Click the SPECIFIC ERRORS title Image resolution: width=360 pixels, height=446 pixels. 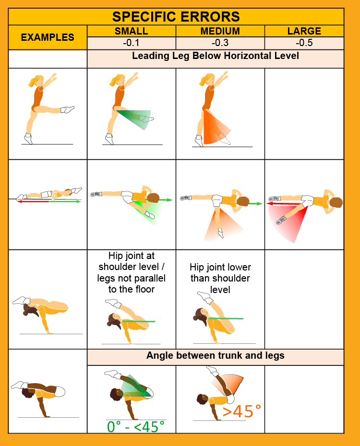point(176,17)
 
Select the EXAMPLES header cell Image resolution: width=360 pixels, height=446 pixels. point(48,37)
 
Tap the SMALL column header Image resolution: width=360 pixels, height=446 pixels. point(131,31)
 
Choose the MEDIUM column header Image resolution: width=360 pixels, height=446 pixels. point(220,31)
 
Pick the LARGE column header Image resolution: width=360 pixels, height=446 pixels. point(304,31)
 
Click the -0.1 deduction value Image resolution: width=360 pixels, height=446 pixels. point(131,43)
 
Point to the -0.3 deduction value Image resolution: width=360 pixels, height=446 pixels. point(220,43)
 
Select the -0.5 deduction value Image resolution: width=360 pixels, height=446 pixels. point(304,43)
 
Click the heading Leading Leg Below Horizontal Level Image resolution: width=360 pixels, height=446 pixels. point(216,56)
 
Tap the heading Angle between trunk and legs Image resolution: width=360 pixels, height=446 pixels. point(216,355)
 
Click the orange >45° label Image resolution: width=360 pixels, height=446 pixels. point(241,411)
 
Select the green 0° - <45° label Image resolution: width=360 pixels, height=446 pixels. point(136,427)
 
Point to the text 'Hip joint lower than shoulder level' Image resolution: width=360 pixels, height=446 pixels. point(220,278)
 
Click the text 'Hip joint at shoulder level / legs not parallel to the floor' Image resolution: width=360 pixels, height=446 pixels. point(132,272)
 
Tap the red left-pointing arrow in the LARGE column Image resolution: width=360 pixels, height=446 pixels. point(285,204)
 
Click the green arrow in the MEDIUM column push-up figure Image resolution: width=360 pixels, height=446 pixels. point(255,204)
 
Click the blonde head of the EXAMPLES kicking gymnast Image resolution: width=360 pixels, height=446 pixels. point(37,81)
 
